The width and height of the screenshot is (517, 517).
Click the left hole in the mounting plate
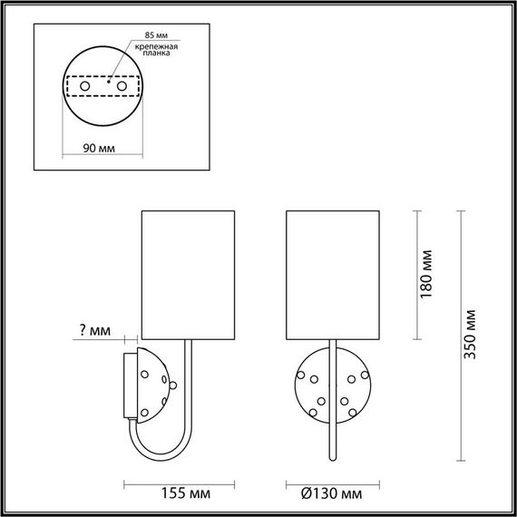[85, 85]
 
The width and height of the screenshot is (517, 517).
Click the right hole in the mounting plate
[122, 85]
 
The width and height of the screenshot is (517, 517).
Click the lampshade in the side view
[189, 272]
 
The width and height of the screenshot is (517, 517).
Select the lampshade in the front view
[331, 272]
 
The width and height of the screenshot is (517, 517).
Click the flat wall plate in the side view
[130, 385]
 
